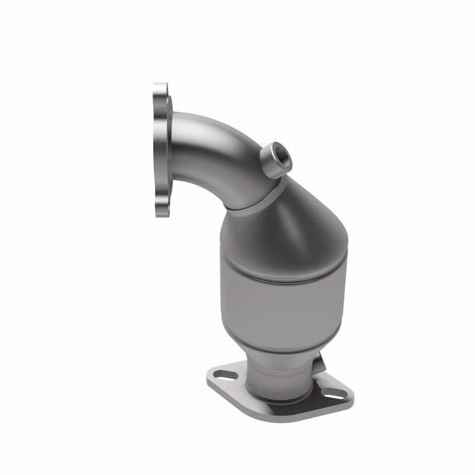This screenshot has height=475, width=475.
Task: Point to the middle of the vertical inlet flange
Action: (x=159, y=148)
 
